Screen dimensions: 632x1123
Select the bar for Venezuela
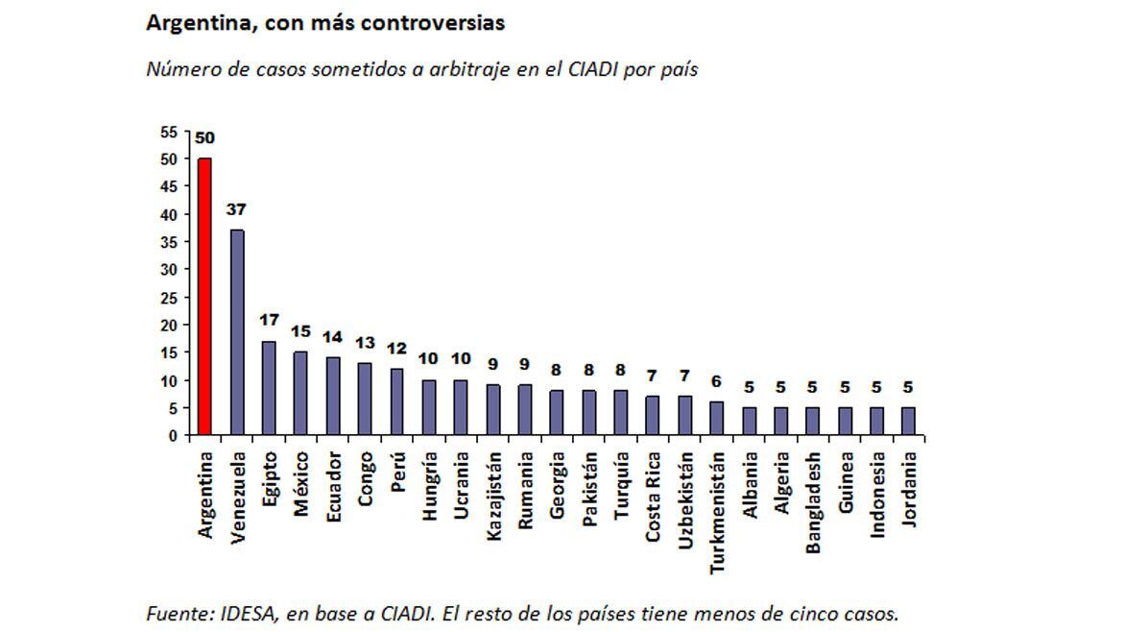[236, 332]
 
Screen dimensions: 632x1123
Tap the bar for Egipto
[269, 388]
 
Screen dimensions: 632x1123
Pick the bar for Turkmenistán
[716, 418]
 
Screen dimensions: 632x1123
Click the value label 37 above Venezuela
[236, 209]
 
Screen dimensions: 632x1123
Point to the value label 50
[204, 137]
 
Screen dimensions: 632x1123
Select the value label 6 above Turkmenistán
[716, 381]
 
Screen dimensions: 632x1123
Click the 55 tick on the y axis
[169, 132]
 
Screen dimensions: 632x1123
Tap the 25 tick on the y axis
[169, 298]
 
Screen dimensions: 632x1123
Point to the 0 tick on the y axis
[173, 436]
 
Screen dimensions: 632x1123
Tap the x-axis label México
[301, 485]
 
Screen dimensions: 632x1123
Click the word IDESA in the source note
[236, 613]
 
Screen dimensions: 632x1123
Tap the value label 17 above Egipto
[269, 320]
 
